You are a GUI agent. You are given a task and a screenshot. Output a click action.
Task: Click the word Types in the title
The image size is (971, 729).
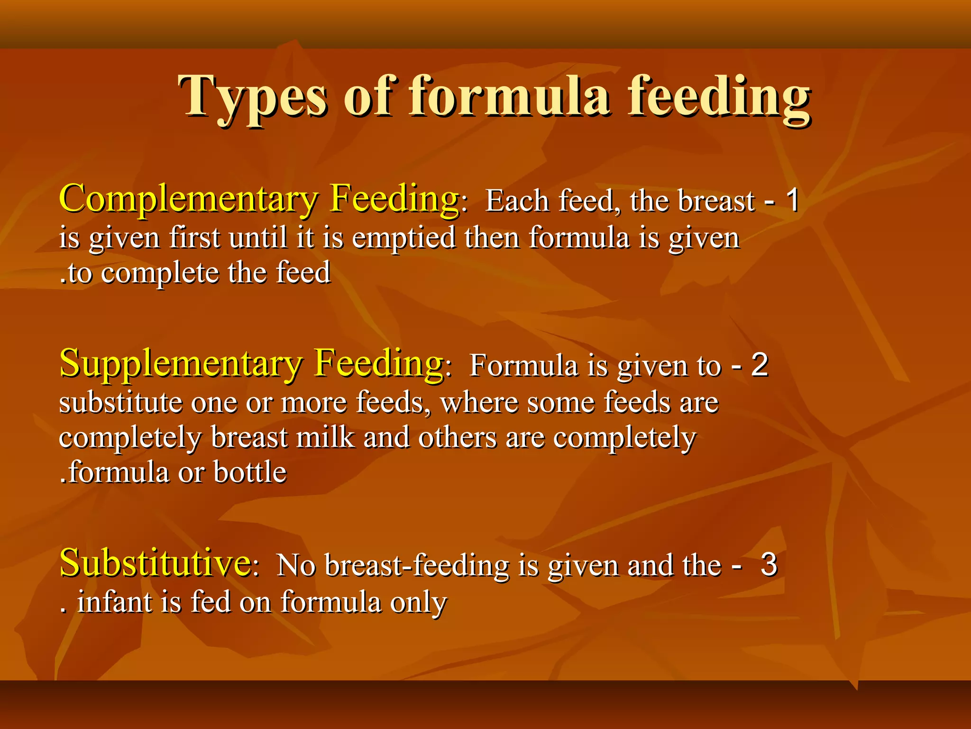tap(252, 97)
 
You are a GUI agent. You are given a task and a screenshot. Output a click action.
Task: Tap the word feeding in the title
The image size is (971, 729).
tap(719, 97)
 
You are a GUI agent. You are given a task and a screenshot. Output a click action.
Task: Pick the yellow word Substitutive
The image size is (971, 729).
tap(155, 563)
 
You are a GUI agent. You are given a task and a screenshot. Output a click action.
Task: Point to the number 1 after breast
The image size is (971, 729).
tap(792, 201)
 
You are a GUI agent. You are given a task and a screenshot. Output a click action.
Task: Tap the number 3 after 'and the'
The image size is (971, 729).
tap(769, 565)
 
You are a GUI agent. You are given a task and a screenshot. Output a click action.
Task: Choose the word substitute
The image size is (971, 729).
tap(120, 402)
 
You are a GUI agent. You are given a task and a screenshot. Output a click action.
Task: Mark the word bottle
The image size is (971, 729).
tap(250, 472)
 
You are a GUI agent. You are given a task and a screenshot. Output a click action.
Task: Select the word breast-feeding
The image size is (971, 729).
tap(417, 566)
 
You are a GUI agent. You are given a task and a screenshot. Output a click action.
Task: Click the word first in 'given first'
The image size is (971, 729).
tap(195, 237)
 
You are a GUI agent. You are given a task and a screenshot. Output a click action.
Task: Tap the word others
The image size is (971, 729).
tap(458, 437)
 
